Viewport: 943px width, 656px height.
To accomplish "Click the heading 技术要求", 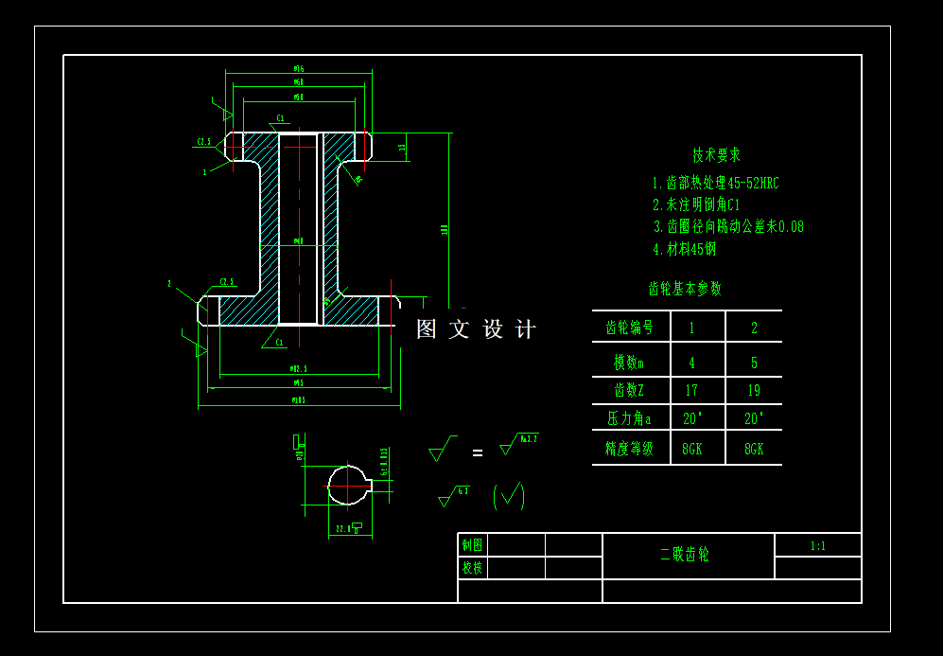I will pyautogui.click(x=716, y=154).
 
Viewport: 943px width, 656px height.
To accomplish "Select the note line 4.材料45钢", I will pyautogui.click(x=684, y=249).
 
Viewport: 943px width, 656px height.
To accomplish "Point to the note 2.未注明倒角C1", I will pyautogui.click(x=695, y=204).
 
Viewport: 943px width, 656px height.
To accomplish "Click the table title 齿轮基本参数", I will pyautogui.click(x=684, y=289).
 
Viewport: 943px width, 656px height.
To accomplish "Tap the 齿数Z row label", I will pyautogui.click(x=629, y=390).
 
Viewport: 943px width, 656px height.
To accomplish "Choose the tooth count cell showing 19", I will pyautogui.click(x=753, y=390).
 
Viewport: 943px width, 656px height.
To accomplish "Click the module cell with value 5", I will pyautogui.click(x=754, y=363).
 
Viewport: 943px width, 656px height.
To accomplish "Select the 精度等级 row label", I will pyautogui.click(x=629, y=449).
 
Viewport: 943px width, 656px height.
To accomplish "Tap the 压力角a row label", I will pyautogui.click(x=629, y=418).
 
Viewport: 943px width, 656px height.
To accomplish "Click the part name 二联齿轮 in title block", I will pyautogui.click(x=685, y=555).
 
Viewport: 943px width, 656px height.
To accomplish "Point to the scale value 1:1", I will pyautogui.click(x=817, y=546).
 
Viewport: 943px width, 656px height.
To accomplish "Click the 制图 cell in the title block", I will pyautogui.click(x=472, y=545).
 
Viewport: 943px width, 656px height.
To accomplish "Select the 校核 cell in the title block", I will pyautogui.click(x=472, y=568).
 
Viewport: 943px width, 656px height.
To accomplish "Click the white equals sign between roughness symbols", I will pyautogui.click(x=477, y=453).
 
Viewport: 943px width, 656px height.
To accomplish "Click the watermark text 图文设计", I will pyautogui.click(x=476, y=329).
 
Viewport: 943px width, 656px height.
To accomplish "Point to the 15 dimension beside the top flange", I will pyautogui.click(x=403, y=148).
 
